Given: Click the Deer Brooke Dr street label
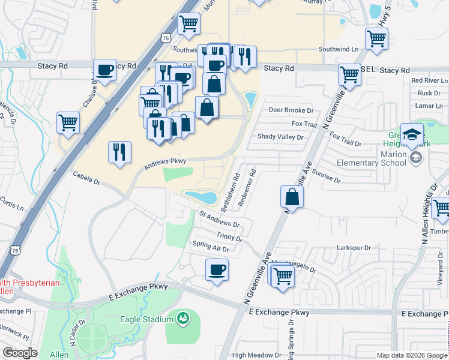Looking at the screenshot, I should (291, 110).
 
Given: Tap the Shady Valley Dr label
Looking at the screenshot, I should (280, 137).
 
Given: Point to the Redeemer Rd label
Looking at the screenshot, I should (247, 188).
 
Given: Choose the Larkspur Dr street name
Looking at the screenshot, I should (355, 247).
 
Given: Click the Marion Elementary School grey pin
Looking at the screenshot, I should (415, 158).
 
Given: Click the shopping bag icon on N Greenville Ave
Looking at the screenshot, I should (292, 196).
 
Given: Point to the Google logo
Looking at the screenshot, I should (20, 353).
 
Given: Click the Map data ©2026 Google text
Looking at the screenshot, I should (411, 355).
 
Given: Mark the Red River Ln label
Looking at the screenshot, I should (429, 80).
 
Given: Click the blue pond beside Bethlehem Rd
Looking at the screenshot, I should (200, 197).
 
